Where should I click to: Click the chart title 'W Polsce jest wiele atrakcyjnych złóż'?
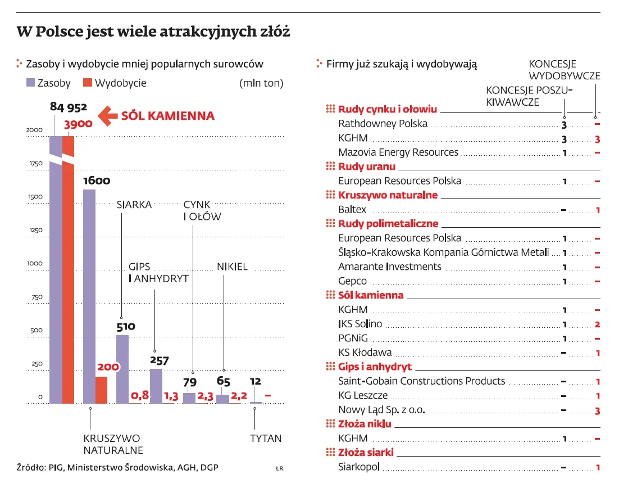[153, 32]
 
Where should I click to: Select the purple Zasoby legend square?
[31, 83]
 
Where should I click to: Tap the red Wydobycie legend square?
[87, 83]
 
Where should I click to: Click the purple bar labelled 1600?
[89, 296]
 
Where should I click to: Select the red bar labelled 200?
[101, 390]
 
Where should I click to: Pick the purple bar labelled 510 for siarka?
[122, 369]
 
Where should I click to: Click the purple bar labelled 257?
[156, 386]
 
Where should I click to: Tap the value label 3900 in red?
[78, 124]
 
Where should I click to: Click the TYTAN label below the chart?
[266, 439]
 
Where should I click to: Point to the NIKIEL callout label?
[232, 267]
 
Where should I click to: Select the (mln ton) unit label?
[261, 83]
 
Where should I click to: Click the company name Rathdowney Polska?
[383, 124]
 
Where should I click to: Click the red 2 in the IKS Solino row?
[598, 324]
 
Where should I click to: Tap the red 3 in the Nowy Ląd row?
[598, 410]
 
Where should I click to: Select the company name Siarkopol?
[359, 467]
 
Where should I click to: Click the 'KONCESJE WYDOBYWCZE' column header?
[564, 70]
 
